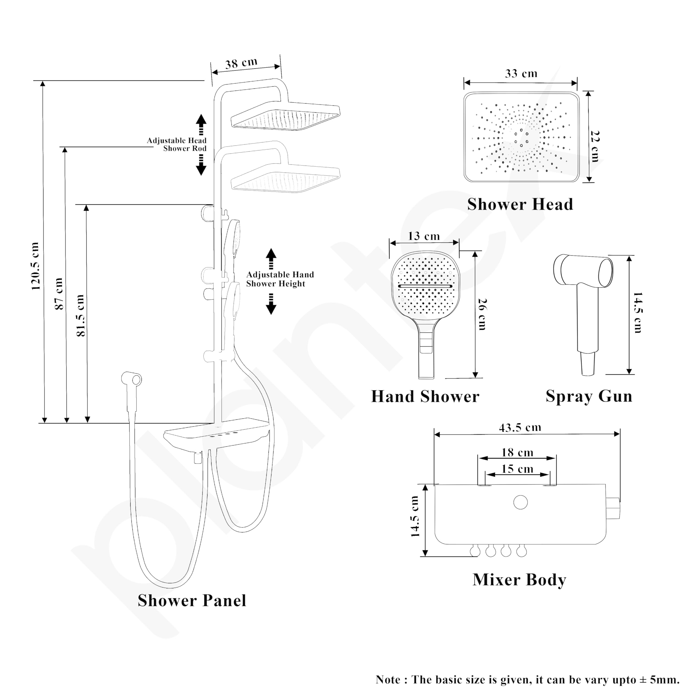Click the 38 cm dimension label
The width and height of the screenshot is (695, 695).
coord(241,63)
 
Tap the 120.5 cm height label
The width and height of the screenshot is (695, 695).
coord(35,266)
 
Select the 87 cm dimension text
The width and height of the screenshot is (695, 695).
coord(59,293)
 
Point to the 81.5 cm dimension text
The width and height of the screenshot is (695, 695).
coord(81,315)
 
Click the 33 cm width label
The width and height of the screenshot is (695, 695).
coord(521,74)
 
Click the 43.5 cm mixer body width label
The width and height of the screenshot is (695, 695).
coord(520,427)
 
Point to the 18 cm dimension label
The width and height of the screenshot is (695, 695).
coord(517,453)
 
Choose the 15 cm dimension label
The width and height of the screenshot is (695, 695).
coord(517,469)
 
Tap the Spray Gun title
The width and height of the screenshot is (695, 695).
coord(589,396)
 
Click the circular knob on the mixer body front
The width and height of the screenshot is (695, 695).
coord(520,502)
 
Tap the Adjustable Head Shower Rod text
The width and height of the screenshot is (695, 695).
coord(177,144)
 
